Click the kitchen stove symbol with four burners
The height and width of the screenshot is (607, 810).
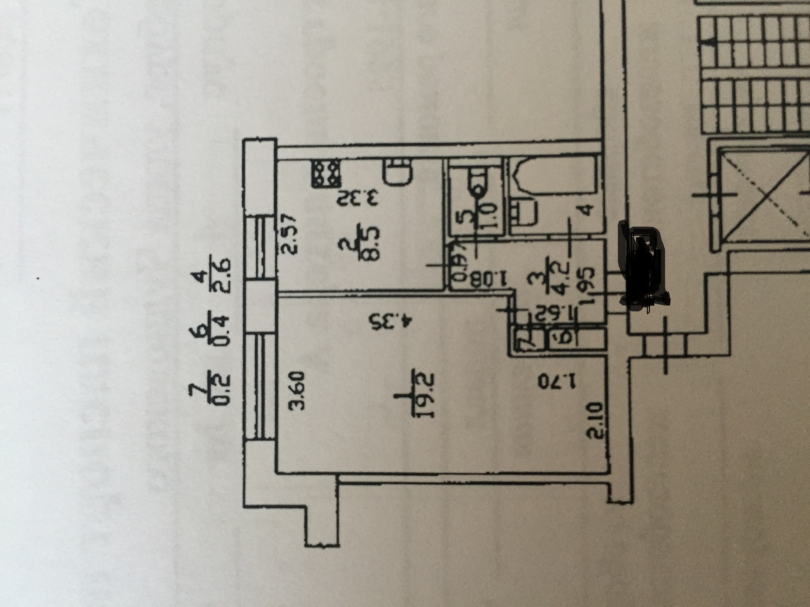(x=326, y=173)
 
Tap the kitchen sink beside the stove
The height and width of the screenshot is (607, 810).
(x=397, y=172)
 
